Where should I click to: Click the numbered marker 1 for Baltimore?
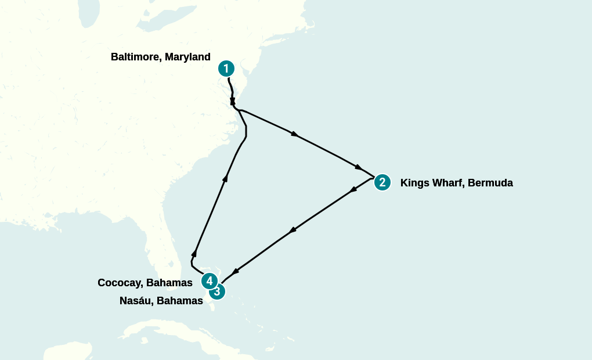[x=226, y=69]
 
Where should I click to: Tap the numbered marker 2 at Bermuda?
[x=382, y=182]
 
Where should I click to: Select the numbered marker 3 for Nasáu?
[x=216, y=291]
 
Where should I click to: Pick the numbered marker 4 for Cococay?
[x=209, y=281]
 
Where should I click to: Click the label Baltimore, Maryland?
[x=160, y=57]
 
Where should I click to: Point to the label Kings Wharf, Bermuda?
[x=456, y=183]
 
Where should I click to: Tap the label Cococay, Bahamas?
[x=145, y=283]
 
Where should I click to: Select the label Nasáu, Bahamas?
[x=161, y=301]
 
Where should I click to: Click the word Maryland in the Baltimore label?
[x=187, y=57]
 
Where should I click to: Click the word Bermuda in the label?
[x=490, y=183]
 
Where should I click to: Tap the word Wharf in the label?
[x=447, y=183]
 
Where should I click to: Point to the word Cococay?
[x=120, y=283]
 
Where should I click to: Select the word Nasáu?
[x=135, y=301]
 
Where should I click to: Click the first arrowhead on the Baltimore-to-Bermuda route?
[x=295, y=134]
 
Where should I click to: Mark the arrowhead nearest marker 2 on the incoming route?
[x=359, y=167]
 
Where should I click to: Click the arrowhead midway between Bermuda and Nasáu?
[x=293, y=231]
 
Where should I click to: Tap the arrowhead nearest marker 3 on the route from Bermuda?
[x=235, y=271]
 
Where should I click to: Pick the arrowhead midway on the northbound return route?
[x=225, y=178]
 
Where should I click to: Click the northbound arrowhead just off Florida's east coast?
[x=194, y=253]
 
